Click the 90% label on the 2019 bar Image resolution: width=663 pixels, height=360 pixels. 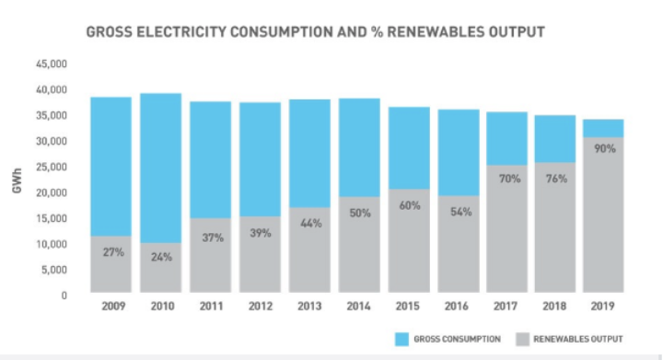tap(605, 148)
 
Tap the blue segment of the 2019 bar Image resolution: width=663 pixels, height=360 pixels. tap(605, 128)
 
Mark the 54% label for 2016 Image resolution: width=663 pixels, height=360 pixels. tap(457, 212)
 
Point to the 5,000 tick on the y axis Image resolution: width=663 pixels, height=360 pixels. tap(54, 270)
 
